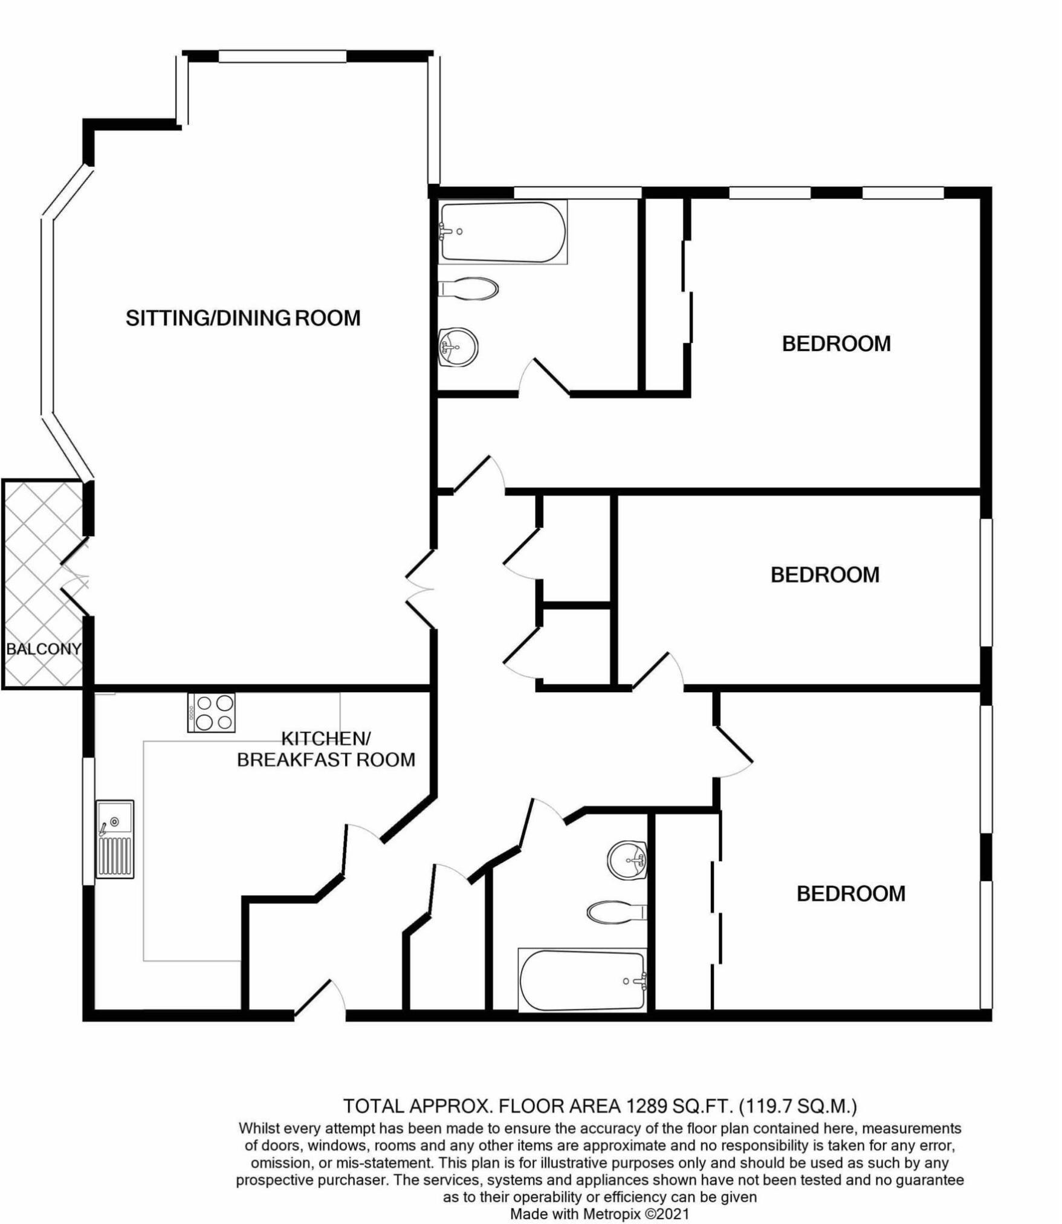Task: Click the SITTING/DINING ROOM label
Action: pyautogui.click(x=243, y=318)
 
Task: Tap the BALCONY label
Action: pyautogui.click(x=43, y=649)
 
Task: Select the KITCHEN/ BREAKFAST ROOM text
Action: pyautogui.click(x=326, y=749)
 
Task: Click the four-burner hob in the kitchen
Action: pyautogui.click(x=212, y=713)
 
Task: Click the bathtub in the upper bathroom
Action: pyautogui.click(x=503, y=232)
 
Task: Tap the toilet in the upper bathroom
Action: pyautogui.click(x=470, y=289)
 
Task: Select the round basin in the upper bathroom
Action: pyautogui.click(x=458, y=347)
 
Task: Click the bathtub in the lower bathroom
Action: pyautogui.click(x=582, y=980)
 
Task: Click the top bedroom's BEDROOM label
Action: pyautogui.click(x=836, y=344)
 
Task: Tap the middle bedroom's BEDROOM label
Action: pyautogui.click(x=824, y=574)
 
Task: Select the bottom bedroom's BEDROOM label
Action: pyautogui.click(x=850, y=893)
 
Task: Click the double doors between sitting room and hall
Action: pyautogui.click(x=421, y=589)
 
